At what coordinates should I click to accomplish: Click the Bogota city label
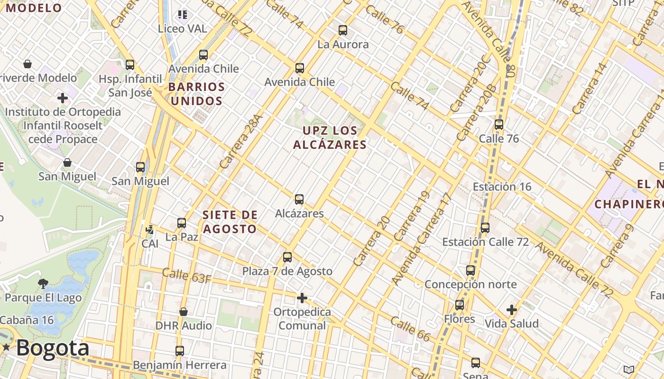(52, 348)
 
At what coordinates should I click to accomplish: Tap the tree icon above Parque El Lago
(43, 284)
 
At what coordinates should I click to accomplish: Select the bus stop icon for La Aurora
(343, 30)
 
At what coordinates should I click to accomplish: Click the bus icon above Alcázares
(299, 199)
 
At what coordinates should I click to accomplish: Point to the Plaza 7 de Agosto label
(287, 271)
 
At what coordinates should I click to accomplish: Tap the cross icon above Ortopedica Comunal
(302, 298)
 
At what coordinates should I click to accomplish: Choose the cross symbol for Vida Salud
(511, 310)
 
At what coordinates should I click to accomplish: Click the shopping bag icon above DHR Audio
(184, 312)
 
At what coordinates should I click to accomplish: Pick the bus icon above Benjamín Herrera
(179, 351)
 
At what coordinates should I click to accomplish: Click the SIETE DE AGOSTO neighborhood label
(230, 222)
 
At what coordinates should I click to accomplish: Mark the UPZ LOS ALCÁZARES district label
(330, 137)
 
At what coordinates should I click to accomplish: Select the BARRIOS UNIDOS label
(196, 94)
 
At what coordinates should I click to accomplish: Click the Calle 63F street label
(186, 275)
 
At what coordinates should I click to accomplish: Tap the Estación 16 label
(502, 187)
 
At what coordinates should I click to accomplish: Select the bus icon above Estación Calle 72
(485, 228)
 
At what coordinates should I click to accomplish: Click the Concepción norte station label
(470, 284)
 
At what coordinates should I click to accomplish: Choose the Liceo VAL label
(182, 29)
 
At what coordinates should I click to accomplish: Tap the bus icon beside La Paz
(182, 223)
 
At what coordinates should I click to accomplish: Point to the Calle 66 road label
(410, 329)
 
